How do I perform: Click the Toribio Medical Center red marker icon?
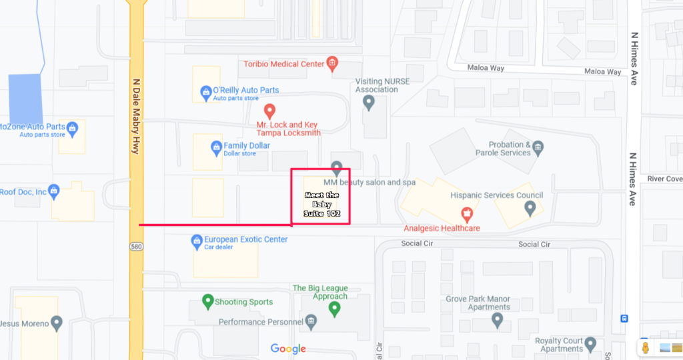(x=332, y=64)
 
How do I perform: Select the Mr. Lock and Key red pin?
(x=269, y=110)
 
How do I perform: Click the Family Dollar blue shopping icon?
(x=216, y=147)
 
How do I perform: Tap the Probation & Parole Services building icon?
(x=538, y=146)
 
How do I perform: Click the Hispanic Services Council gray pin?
(x=530, y=209)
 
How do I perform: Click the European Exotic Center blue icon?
(x=197, y=240)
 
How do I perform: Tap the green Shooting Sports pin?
(x=207, y=301)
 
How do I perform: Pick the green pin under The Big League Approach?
(x=335, y=309)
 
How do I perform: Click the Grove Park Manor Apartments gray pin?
(x=497, y=321)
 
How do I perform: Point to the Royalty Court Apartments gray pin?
(x=590, y=344)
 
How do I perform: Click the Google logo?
(x=288, y=349)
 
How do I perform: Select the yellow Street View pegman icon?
(x=645, y=347)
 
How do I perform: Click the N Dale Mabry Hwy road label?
(x=136, y=117)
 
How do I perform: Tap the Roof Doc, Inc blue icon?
(x=55, y=192)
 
